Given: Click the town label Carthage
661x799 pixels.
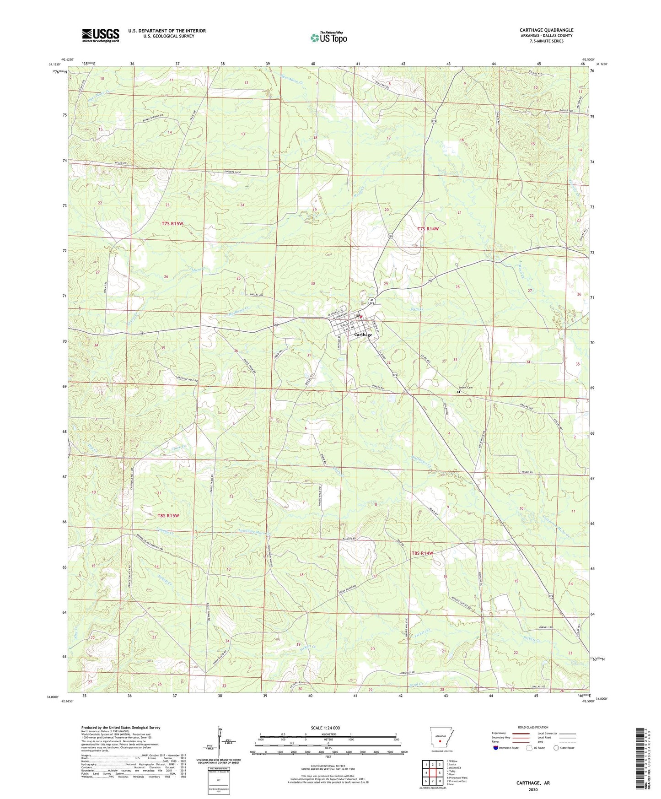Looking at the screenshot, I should [363, 335].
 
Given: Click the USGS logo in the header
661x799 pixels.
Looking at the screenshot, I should [101, 35].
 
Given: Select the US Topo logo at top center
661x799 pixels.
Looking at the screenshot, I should [328, 37].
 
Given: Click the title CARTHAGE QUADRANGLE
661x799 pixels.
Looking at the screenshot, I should [546, 30].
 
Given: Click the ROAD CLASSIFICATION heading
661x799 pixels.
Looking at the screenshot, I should [533, 727].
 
